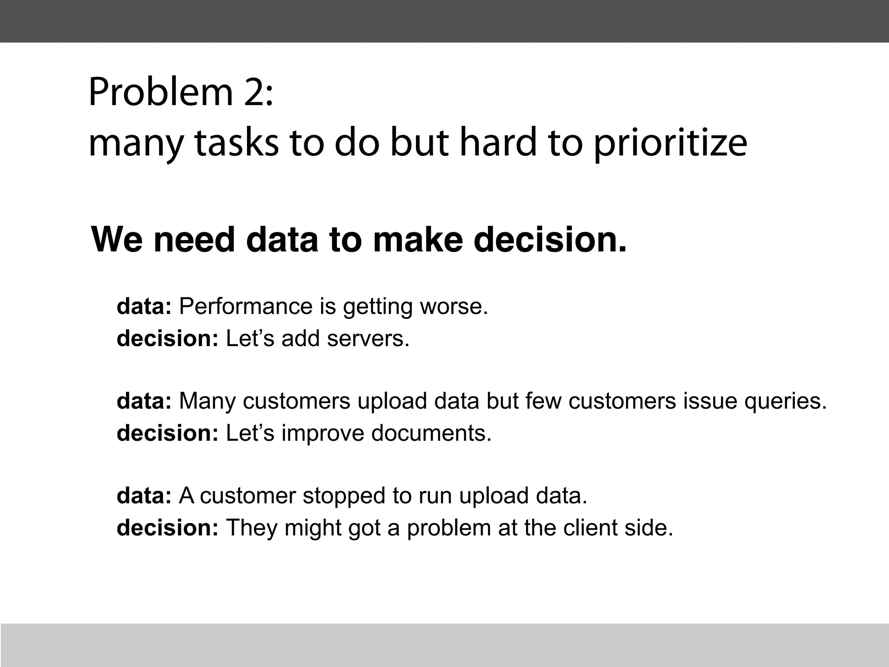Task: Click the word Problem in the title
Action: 161,92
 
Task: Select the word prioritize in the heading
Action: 670,144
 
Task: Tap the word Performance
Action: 245,307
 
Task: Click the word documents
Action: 431,433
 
